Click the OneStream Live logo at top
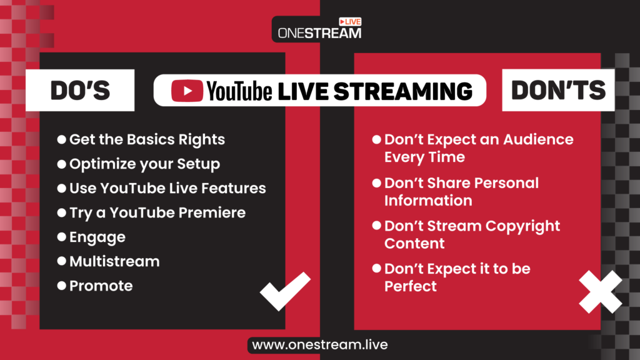click(x=319, y=29)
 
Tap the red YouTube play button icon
click(x=187, y=91)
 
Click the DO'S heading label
click(x=80, y=91)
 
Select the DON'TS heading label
click(x=558, y=91)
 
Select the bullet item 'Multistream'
click(x=114, y=261)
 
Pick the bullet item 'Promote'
click(x=101, y=286)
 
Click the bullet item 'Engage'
click(x=97, y=237)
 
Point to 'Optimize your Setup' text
click(x=144, y=164)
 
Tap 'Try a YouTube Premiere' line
click(x=157, y=212)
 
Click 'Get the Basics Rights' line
click(x=147, y=139)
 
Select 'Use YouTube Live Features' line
click(x=167, y=188)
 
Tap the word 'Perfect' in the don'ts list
click(x=410, y=286)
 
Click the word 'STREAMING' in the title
click(x=402, y=91)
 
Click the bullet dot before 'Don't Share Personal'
click(x=376, y=183)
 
